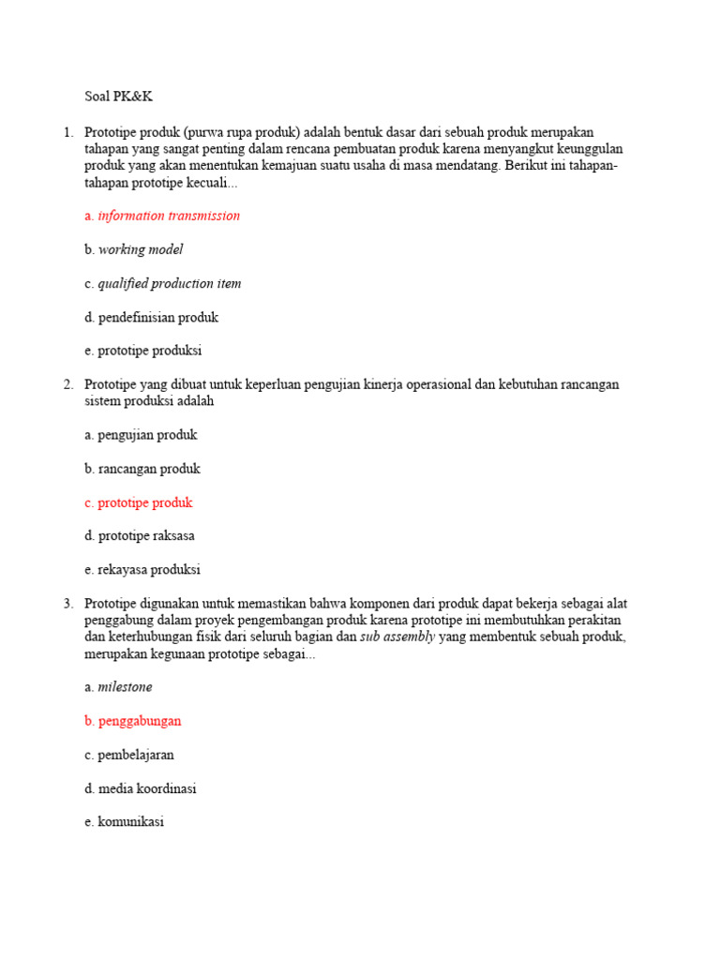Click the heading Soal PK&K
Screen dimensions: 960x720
[x=117, y=97]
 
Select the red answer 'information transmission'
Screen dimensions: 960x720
[x=162, y=216]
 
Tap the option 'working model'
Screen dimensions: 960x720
[x=134, y=249]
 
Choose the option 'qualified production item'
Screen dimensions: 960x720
[x=162, y=283]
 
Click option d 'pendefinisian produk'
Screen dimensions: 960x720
[x=151, y=317]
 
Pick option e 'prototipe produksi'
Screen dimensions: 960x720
[x=142, y=351]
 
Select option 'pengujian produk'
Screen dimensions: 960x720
[x=141, y=435]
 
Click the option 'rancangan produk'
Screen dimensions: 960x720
[x=142, y=469]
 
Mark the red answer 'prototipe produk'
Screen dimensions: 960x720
[x=138, y=502]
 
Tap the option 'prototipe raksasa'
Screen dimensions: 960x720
[x=140, y=536]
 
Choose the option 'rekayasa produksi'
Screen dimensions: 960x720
[x=142, y=570]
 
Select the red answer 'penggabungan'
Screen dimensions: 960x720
[x=132, y=721]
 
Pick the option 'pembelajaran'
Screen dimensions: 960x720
[x=129, y=755]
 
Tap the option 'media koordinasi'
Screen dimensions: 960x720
[x=141, y=788]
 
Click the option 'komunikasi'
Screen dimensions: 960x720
[x=124, y=822]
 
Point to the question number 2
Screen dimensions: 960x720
[x=68, y=384]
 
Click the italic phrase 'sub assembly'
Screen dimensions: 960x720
[x=397, y=637]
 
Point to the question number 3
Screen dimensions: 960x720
[x=68, y=604]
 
